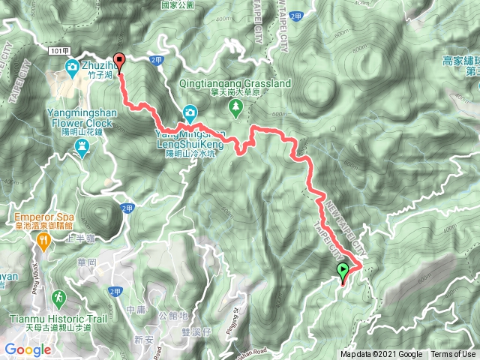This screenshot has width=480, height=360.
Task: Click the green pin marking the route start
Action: click(x=343, y=272)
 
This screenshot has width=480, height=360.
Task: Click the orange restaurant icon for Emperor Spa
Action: click(x=44, y=241)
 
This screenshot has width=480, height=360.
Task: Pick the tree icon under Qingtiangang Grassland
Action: click(x=235, y=108)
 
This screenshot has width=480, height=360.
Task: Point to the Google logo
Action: click(x=28, y=349)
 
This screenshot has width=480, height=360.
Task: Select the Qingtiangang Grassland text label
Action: click(x=235, y=84)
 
